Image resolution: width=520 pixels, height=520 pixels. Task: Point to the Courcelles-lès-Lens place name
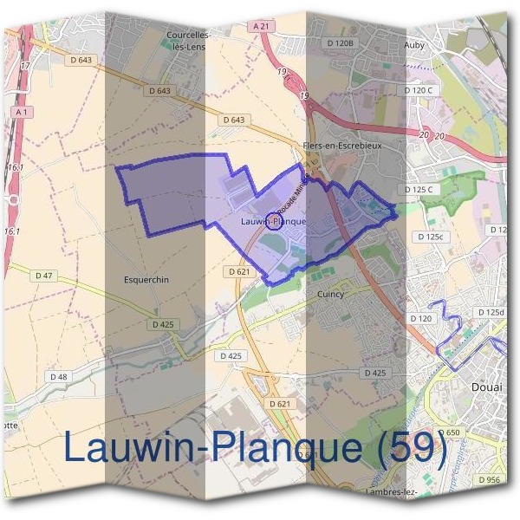tap(185, 41)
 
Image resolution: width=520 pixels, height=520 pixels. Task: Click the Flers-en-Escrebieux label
tap(342, 146)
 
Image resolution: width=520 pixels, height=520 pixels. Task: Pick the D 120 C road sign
tap(418, 90)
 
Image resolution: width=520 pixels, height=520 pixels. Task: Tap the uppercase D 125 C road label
tap(418, 189)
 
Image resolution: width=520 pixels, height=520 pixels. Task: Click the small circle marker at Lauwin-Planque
tap(273, 220)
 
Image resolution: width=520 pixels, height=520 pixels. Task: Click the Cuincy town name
tap(329, 294)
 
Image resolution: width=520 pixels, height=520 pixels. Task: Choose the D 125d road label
tap(490, 312)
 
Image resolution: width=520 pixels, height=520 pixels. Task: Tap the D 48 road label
tap(58, 376)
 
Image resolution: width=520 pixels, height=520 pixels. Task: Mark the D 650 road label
tap(448, 432)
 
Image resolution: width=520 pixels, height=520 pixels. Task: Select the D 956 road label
tap(488, 479)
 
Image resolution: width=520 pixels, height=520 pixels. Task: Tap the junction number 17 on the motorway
tap(24, 66)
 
